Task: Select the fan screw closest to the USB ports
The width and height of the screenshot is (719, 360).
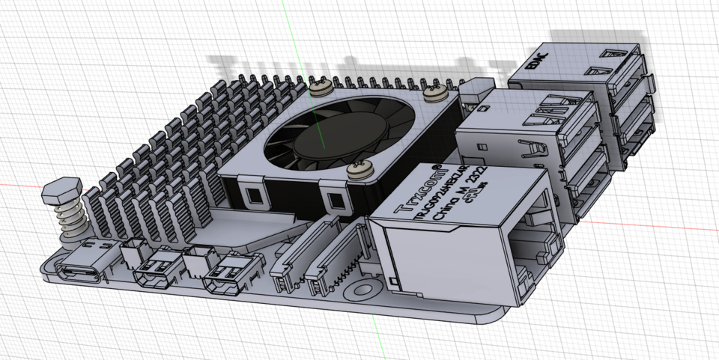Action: (434, 94)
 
